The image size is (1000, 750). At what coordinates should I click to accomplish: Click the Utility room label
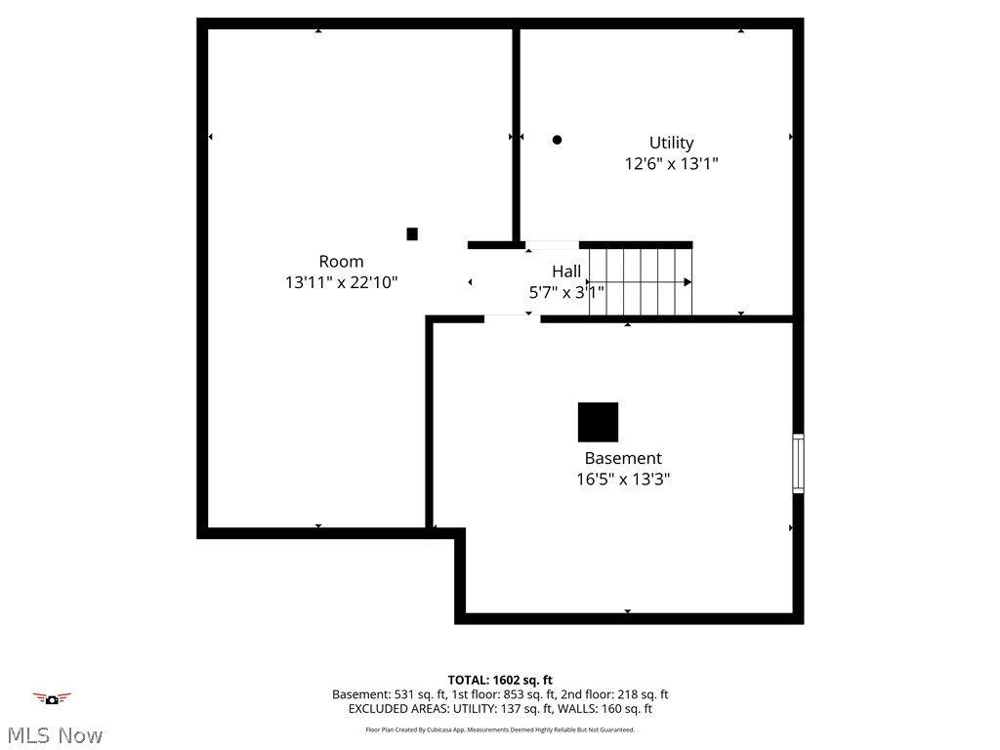(x=672, y=143)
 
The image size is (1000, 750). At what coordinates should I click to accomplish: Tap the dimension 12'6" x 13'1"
(x=672, y=164)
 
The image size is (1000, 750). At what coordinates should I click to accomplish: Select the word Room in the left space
(x=341, y=261)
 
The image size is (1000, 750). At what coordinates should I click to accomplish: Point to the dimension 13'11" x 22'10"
(x=341, y=282)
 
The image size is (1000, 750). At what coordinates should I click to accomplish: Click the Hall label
(x=566, y=271)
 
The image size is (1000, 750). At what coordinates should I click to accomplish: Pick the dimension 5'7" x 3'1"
(x=566, y=291)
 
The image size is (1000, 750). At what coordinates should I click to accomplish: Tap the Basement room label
(x=623, y=458)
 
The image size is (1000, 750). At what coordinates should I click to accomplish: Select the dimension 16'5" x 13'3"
(x=623, y=479)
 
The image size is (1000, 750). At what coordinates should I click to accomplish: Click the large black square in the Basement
(x=598, y=422)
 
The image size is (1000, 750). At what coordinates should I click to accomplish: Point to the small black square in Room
(x=412, y=234)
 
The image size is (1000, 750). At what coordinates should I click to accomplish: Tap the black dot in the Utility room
(x=558, y=140)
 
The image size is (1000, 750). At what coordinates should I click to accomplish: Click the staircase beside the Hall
(x=640, y=281)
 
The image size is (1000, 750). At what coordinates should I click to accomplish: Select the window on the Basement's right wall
(x=798, y=463)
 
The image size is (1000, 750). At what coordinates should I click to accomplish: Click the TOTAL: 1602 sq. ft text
(x=500, y=680)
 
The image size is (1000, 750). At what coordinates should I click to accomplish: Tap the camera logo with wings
(x=52, y=698)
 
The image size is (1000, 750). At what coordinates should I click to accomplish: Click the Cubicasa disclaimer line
(x=500, y=729)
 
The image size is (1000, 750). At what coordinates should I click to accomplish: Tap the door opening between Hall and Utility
(x=552, y=244)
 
